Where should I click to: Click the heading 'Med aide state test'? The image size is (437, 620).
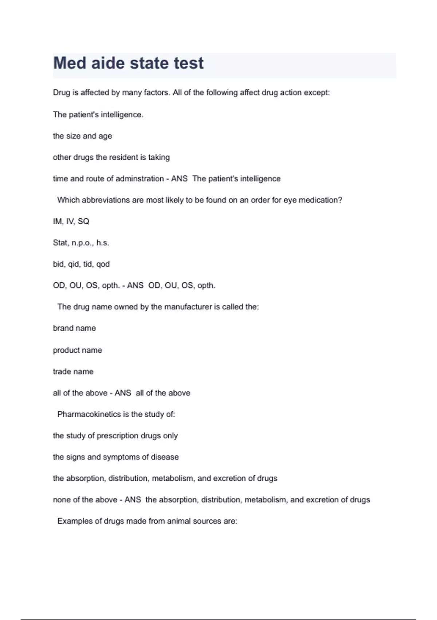coord(128,63)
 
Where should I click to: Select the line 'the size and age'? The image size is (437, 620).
coord(82,136)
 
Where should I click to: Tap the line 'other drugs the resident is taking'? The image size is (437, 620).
coord(111,157)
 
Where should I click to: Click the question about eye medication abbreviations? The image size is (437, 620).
coord(200,200)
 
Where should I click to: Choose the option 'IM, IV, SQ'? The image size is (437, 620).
coord(71,221)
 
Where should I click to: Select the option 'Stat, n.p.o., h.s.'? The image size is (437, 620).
coord(81,243)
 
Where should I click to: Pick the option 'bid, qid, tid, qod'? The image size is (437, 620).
coord(81,264)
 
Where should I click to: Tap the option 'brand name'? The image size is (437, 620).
coord(74,328)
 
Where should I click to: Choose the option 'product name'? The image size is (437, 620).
coord(77,350)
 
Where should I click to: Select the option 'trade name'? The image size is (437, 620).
coord(73,372)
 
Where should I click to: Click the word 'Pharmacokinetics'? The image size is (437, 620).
coord(89,414)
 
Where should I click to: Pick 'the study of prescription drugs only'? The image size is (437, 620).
coord(115,436)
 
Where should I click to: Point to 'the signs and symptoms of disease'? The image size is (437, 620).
coord(115,457)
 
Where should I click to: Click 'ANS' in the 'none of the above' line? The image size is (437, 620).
coord(133,500)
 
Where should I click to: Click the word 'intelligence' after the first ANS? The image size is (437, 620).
coord(259,179)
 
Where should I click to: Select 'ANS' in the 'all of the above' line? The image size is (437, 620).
coord(123,393)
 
